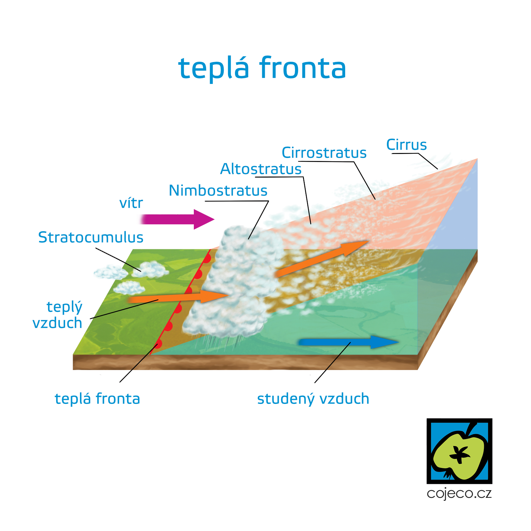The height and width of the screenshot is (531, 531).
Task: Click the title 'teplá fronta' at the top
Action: pos(262,68)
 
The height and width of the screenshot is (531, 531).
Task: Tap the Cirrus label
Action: pos(406,145)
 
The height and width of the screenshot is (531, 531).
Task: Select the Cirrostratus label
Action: pos(324,153)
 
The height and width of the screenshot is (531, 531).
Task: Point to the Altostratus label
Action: pos(261,169)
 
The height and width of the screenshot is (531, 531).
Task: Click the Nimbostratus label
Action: pos(218,190)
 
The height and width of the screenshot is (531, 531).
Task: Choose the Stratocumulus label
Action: pos(91,237)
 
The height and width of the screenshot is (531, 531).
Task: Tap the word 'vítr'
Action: pos(131,203)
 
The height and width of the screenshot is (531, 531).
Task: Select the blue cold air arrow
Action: pos(348,342)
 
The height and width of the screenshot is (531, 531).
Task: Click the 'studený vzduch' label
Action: pos(313,399)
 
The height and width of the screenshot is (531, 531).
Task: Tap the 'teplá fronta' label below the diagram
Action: pos(97,399)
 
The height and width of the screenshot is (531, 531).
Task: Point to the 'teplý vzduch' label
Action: pos(58,315)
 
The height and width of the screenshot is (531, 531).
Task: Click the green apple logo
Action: pos(459,451)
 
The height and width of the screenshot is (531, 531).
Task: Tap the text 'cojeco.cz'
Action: pos(459,493)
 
